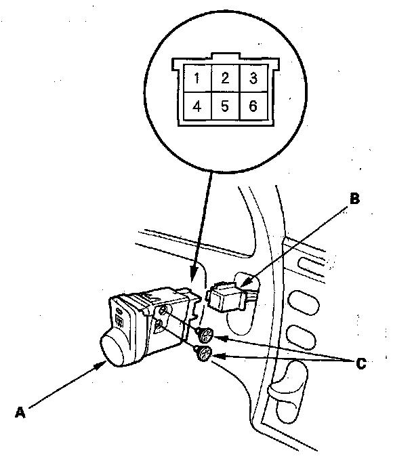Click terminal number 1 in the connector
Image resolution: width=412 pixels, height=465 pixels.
pos(197,78)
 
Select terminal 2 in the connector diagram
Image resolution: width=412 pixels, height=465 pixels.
pos(224,78)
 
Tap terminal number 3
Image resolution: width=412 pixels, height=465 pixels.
pos(252,78)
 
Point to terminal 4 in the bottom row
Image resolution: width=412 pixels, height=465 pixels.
pos(197,106)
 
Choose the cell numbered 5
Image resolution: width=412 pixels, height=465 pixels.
pos(224,106)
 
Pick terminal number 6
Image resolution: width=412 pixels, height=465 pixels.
pos(252,106)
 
